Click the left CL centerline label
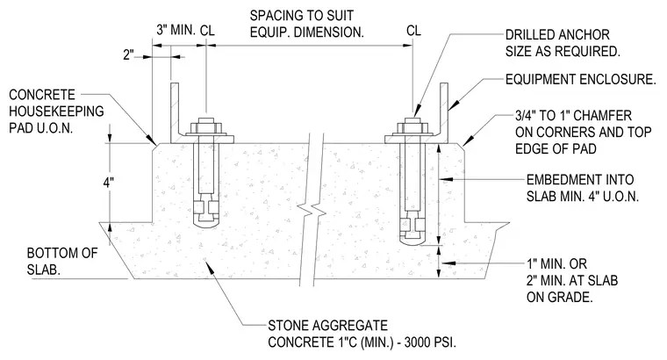(x=207, y=30)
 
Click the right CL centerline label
(x=413, y=31)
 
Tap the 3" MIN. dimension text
(x=176, y=30)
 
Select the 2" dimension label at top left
(x=128, y=55)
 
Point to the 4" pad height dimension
(x=109, y=183)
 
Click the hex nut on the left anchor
(x=206, y=127)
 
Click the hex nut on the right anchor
(x=412, y=127)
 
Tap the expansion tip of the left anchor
(x=206, y=212)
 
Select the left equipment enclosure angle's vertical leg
(x=175, y=112)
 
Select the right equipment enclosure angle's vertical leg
(x=444, y=112)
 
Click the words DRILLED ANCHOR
(x=557, y=34)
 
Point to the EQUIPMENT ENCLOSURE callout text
(x=581, y=79)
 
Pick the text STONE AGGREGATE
(x=327, y=326)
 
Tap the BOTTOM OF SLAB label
(x=62, y=262)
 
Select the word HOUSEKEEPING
(x=56, y=111)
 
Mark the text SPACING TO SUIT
(x=302, y=16)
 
